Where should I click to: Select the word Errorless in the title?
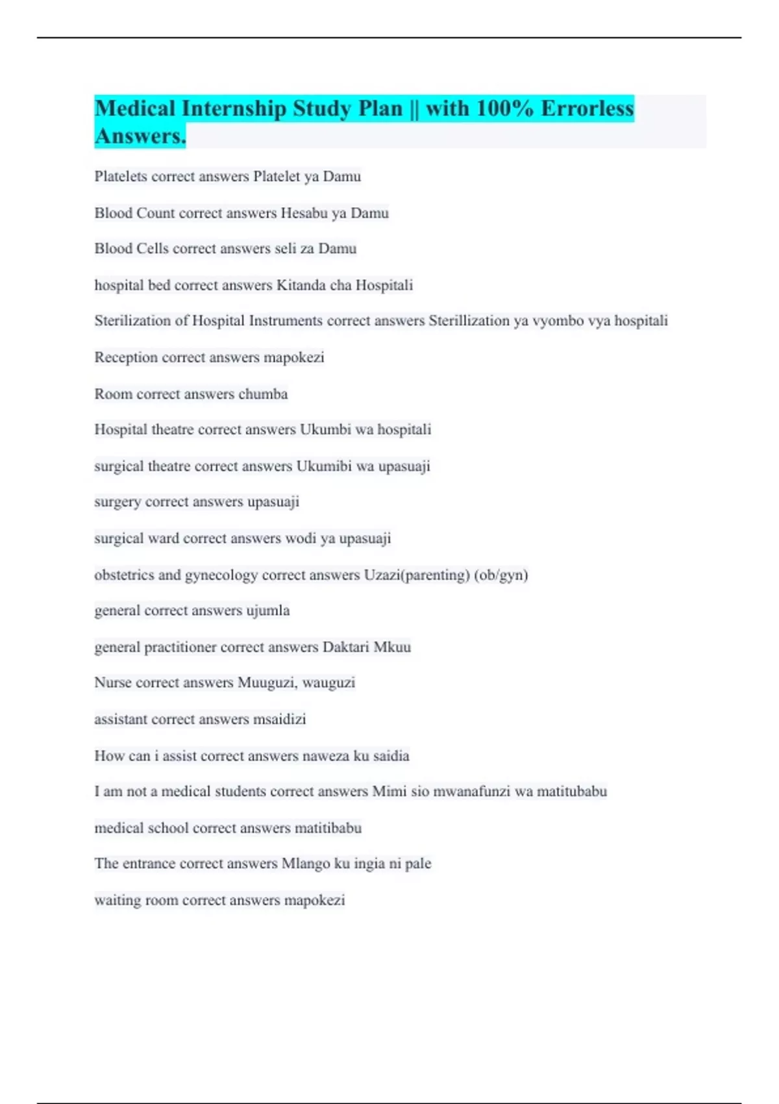click(587, 108)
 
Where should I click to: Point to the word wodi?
click(301, 538)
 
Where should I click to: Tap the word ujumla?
click(268, 611)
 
